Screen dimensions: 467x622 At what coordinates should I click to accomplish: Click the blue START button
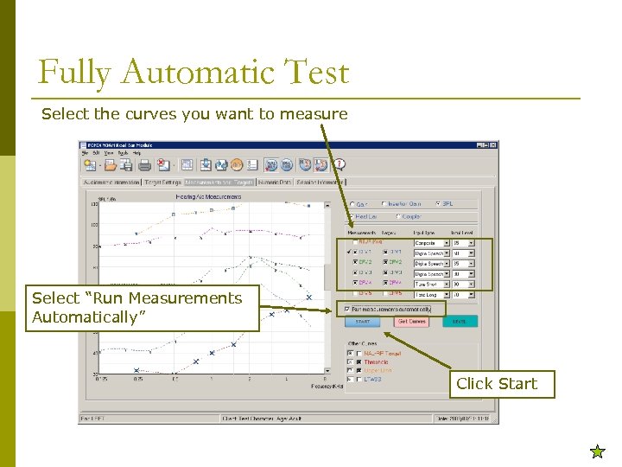pos(363,322)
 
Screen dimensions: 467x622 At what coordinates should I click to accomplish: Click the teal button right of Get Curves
pos(459,322)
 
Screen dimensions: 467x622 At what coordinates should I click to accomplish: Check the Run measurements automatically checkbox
pos(347,308)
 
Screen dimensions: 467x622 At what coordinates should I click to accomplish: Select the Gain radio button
pos(352,204)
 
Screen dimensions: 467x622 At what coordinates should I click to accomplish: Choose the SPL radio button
pos(437,204)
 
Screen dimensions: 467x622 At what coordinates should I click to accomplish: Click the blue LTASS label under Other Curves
pos(373,379)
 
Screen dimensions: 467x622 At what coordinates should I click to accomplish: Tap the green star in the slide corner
pos(597,451)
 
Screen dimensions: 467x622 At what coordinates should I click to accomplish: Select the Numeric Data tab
pos(275,182)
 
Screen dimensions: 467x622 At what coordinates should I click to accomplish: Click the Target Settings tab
pos(162,182)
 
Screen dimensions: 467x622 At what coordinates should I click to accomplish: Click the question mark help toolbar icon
pos(340,164)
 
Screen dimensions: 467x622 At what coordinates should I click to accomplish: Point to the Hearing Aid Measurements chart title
pos(208,197)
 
